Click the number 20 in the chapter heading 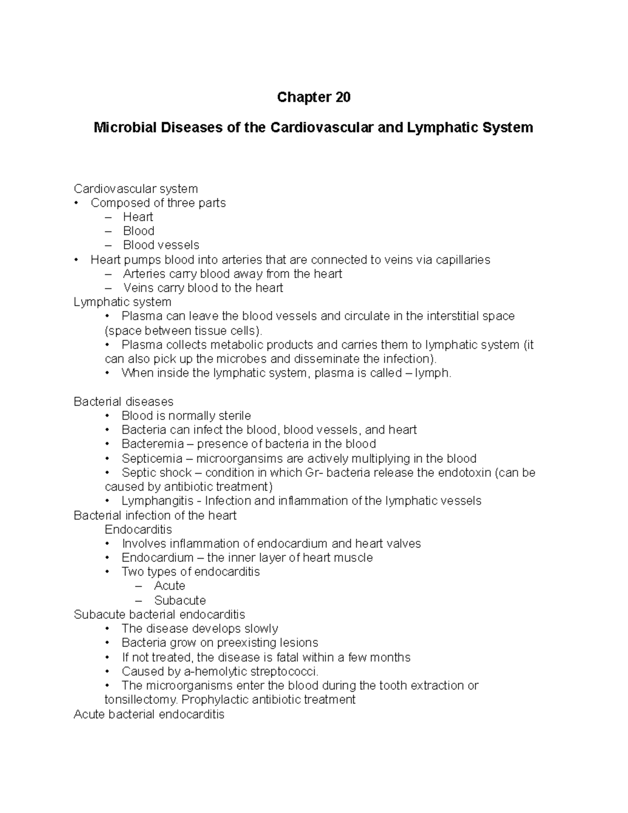(342, 97)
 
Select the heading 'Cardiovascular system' (136, 188)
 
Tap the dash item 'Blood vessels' (161, 245)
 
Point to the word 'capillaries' (461, 260)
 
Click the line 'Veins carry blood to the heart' (203, 288)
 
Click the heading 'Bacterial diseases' (124, 402)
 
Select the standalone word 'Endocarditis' (138, 529)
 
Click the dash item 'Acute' (169, 586)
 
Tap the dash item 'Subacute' (180, 600)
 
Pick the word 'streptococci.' (285, 671)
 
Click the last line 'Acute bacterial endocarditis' (149, 714)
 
